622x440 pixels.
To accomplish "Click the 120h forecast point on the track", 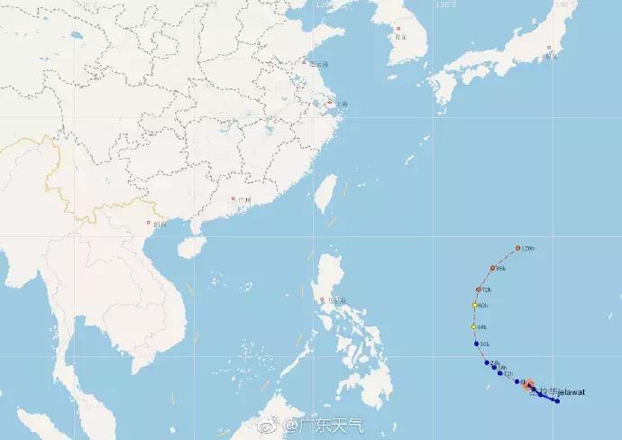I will coord(519,248).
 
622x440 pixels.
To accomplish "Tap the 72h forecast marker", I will coord(478,289).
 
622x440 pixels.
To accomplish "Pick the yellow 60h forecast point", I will coord(474,306).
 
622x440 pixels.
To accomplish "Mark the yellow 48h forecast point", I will coord(473,325).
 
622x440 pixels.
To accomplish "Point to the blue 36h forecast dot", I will coord(476,344).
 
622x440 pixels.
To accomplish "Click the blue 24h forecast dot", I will coord(487,362).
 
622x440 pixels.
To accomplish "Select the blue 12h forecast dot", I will coord(503,373).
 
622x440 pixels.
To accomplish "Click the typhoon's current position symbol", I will coord(529,386).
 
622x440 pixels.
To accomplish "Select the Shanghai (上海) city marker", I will coord(333,105).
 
